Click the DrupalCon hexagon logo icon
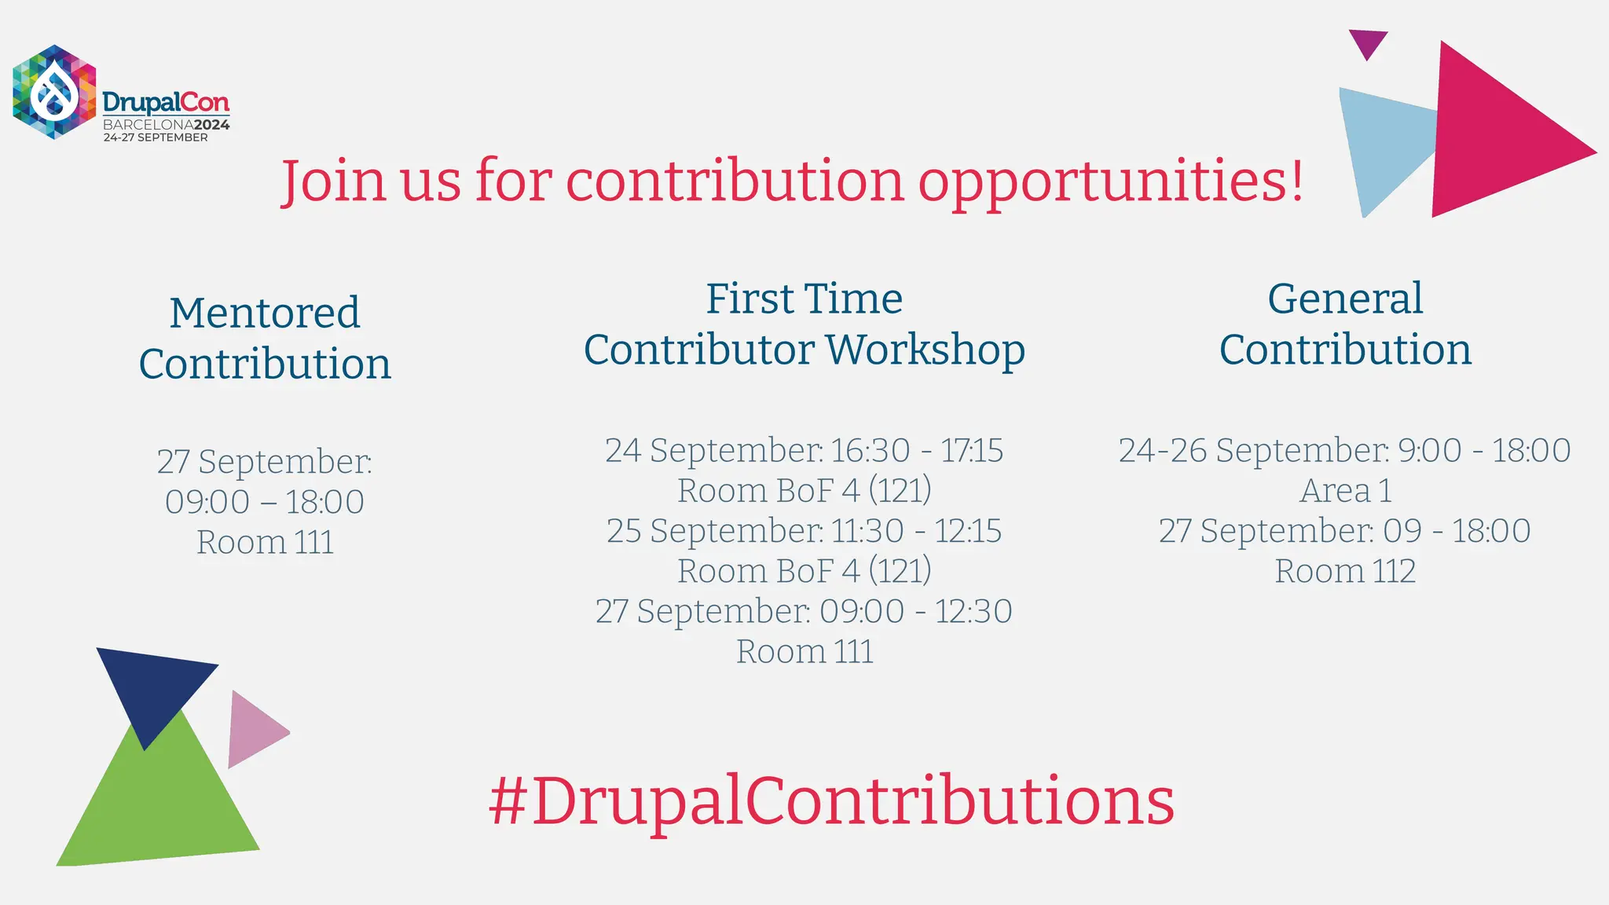pyautogui.click(x=54, y=92)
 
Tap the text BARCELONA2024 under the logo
pyautogui.click(x=167, y=125)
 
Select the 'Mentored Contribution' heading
pyautogui.click(x=265, y=338)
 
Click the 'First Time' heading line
pyautogui.click(x=804, y=299)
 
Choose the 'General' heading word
pyautogui.click(x=1345, y=299)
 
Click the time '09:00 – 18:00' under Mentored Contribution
pyautogui.click(x=265, y=502)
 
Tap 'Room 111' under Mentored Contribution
pyautogui.click(x=265, y=542)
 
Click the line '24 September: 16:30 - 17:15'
pyautogui.click(x=804, y=450)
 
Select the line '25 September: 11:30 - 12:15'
pyautogui.click(x=804, y=531)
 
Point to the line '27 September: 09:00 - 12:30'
pyautogui.click(x=804, y=611)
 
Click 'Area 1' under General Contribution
pyautogui.click(x=1345, y=491)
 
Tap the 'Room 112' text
pyautogui.click(x=1345, y=571)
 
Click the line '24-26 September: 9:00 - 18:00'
pyautogui.click(x=1345, y=450)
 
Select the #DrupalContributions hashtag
pyautogui.click(x=831, y=801)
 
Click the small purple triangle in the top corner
pyautogui.click(x=1368, y=42)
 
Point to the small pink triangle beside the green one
pyautogui.click(x=253, y=730)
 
